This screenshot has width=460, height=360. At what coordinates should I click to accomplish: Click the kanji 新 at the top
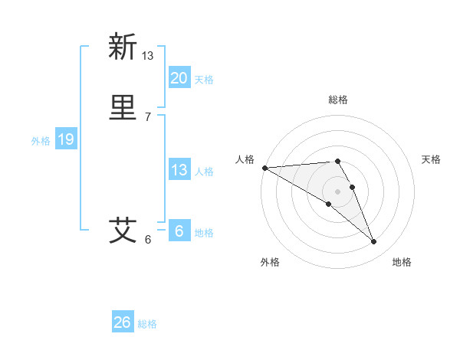click(122, 47)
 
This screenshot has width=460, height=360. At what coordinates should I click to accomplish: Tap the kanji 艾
click(122, 229)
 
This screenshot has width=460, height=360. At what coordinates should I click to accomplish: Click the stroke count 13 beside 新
click(148, 55)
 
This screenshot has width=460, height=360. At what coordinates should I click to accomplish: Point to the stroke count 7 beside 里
click(148, 116)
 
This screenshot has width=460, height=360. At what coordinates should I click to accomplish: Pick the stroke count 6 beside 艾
click(148, 239)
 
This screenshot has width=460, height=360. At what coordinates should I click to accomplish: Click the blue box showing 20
click(179, 78)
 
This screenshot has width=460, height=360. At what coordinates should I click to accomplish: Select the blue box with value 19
click(66, 139)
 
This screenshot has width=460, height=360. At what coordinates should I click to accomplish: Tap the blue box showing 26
click(123, 322)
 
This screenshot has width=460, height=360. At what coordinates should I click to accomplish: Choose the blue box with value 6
click(179, 231)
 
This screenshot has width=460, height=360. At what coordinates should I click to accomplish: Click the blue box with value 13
click(179, 170)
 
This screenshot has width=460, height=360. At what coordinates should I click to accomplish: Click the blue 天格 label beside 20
click(204, 80)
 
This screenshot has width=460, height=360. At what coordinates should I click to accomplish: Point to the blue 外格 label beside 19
click(40, 141)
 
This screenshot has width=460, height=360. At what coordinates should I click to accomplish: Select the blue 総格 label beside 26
click(147, 324)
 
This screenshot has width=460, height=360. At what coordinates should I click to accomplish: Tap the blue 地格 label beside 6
click(204, 233)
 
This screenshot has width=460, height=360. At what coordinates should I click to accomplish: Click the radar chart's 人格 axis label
click(245, 159)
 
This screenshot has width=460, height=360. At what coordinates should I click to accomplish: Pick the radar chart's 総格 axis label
click(338, 100)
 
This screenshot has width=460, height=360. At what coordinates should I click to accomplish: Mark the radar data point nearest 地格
click(373, 242)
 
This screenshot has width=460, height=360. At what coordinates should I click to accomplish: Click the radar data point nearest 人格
click(264, 168)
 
